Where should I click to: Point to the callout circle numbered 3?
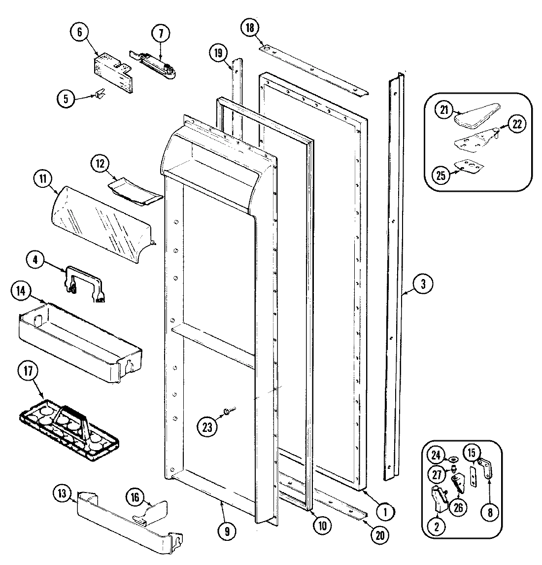click(423, 284)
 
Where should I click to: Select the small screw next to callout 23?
click(229, 409)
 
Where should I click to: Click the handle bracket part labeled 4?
click(84, 283)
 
